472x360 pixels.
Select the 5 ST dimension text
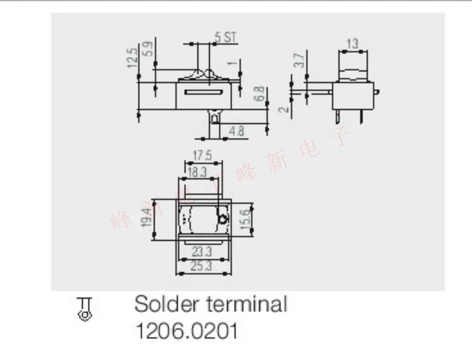pyautogui.click(x=225, y=37)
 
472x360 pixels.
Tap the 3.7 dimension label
pyautogui.click(x=299, y=60)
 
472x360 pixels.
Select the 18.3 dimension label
pyautogui.click(x=197, y=172)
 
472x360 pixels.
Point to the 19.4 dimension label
pyautogui.click(x=146, y=219)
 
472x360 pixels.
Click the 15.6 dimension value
pyautogui.click(x=246, y=219)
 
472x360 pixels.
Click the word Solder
pyautogui.click(x=162, y=304)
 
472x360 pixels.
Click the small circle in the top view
pyautogui.click(x=223, y=219)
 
